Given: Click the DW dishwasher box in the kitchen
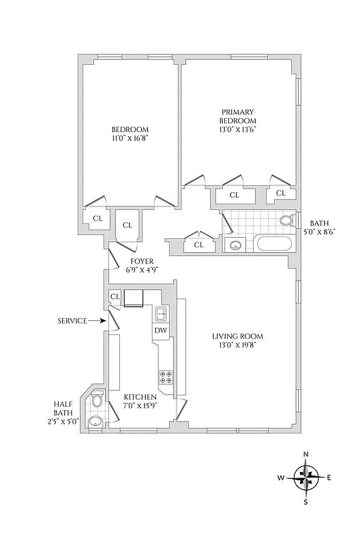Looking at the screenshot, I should (x=161, y=330).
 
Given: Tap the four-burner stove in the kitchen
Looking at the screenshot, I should (x=166, y=377).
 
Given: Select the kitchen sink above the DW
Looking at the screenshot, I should (x=161, y=313).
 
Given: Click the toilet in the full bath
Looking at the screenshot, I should (x=288, y=220).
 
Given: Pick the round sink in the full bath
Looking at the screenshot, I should (x=235, y=245).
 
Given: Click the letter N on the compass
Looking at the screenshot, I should (x=306, y=454).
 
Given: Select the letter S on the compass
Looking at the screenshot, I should (x=306, y=503).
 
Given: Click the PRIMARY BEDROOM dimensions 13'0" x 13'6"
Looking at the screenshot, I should (x=237, y=129).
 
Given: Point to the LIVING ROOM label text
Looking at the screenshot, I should (x=237, y=336).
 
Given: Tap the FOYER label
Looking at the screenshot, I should (x=141, y=261).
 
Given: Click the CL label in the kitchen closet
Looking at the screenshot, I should (x=115, y=296).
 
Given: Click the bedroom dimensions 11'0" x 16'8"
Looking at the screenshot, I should (x=130, y=138).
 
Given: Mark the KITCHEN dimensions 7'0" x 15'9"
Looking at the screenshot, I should (x=140, y=407).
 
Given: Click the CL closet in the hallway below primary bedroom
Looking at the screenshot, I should (x=199, y=245).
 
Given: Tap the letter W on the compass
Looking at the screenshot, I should (x=280, y=478).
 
